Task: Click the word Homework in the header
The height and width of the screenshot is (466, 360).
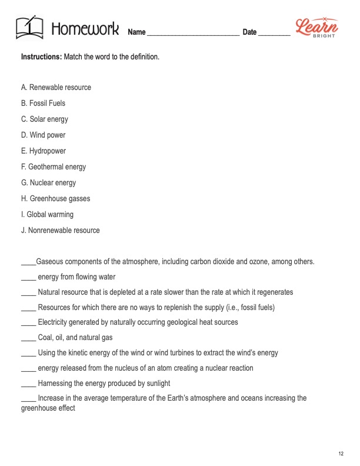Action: click(x=85, y=28)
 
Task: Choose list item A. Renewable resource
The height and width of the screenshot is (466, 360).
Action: click(x=56, y=88)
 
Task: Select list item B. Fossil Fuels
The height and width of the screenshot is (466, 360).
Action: click(x=43, y=104)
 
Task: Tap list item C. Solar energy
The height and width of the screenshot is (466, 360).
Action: click(x=45, y=119)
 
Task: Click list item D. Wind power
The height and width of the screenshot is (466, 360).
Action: click(x=43, y=135)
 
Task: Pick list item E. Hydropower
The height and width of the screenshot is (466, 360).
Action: click(x=44, y=151)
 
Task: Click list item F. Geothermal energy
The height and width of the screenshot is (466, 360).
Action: click(x=54, y=167)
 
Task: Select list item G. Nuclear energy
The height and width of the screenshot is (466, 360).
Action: click(x=48, y=183)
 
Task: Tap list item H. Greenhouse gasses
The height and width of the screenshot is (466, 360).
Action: click(x=55, y=199)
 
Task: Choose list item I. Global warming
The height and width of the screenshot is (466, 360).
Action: click(x=47, y=215)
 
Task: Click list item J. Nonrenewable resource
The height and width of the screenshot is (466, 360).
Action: click(x=60, y=231)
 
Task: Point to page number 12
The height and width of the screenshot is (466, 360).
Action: click(x=341, y=452)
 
